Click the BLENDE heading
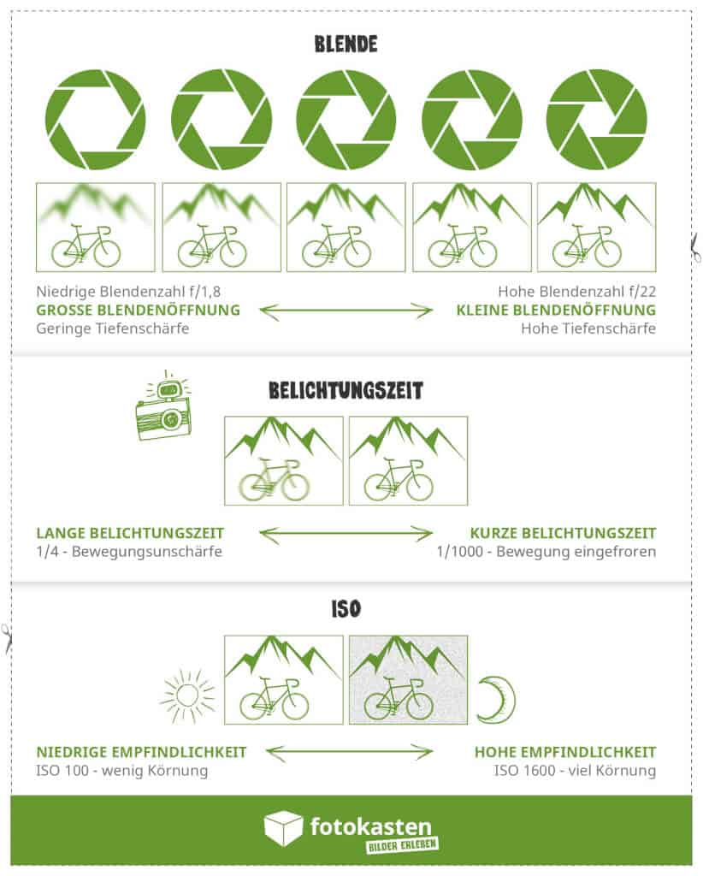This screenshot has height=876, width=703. point(346,44)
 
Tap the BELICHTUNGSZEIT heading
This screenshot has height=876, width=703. point(346,390)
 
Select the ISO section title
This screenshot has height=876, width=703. point(346,608)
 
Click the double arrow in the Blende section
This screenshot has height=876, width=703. point(346,311)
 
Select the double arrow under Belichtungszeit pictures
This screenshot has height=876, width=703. point(346,534)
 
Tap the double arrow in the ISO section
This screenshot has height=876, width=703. point(349,752)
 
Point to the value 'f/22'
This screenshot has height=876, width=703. point(640,292)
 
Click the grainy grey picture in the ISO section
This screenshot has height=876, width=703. point(408,680)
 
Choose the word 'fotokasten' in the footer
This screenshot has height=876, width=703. point(371,826)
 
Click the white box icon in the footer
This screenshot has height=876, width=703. point(283,828)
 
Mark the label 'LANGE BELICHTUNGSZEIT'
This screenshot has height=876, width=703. point(130,534)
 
